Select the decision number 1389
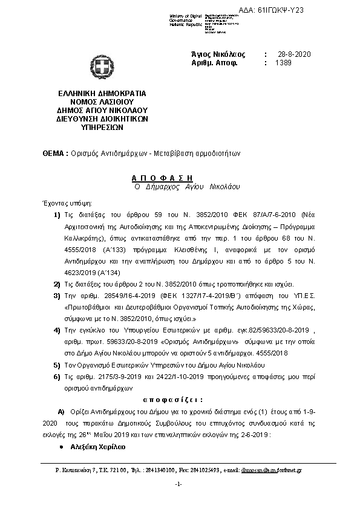click(283, 63)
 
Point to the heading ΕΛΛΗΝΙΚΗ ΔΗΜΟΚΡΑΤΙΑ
click(98, 94)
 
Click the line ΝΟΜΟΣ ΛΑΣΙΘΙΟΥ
click(98, 103)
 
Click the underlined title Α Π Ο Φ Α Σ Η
click(162, 178)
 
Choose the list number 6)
click(57, 376)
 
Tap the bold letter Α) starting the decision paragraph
click(61, 410)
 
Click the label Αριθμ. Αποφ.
click(214, 63)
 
